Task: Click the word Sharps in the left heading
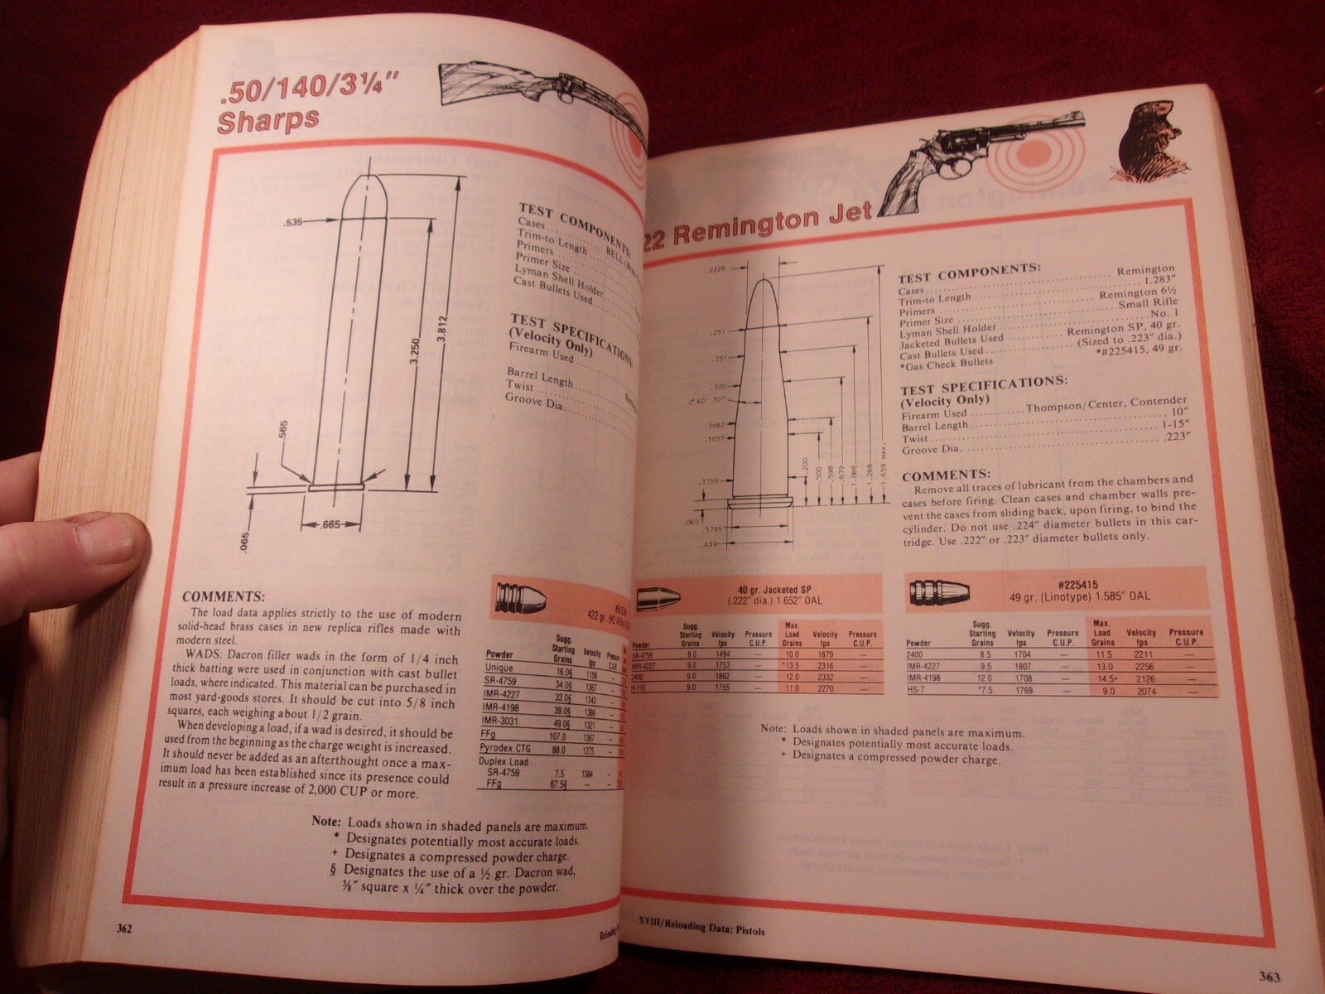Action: pyautogui.click(x=268, y=120)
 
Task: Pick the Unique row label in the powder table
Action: pyautogui.click(x=500, y=668)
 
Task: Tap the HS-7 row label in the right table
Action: pyautogui.click(x=916, y=690)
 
